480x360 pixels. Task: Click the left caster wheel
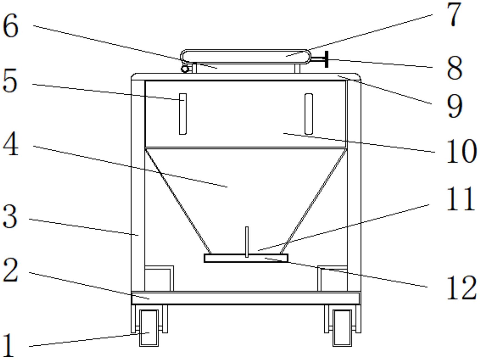pyautogui.click(x=149, y=328)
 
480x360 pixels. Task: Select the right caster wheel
pyautogui.click(x=342, y=328)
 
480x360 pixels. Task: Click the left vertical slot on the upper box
pyautogui.click(x=183, y=114)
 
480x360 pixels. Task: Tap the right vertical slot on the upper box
pyautogui.click(x=309, y=114)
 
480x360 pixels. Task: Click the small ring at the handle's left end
pyautogui.click(x=185, y=69)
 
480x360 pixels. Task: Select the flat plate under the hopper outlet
pyautogui.click(x=246, y=258)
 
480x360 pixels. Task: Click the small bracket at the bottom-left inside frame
pyautogui.click(x=159, y=278)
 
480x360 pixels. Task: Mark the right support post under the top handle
pyautogui.click(x=297, y=68)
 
